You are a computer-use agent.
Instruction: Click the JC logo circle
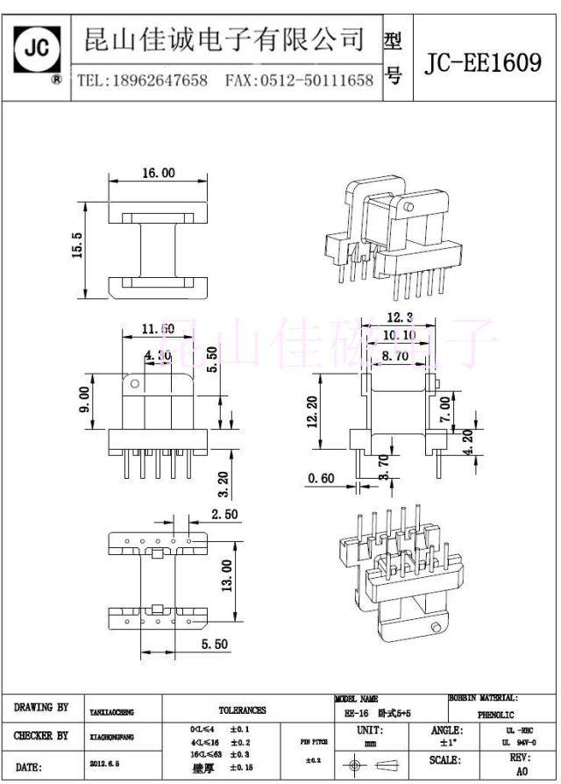click(38, 48)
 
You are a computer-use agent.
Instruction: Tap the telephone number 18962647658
click(157, 81)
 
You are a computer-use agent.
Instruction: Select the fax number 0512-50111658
click(316, 81)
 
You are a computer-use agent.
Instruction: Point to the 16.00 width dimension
click(158, 174)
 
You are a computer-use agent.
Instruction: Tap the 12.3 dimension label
click(399, 317)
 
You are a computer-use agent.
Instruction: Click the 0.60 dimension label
click(321, 478)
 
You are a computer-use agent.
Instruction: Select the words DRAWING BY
click(41, 707)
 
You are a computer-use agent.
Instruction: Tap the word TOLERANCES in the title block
click(243, 710)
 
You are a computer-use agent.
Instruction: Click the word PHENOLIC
click(496, 715)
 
